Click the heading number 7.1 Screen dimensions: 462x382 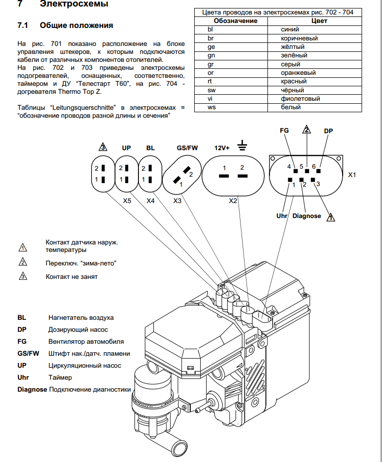pos(23,25)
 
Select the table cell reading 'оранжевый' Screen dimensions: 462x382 pos(298,72)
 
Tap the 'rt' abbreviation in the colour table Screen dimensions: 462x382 pos(210,81)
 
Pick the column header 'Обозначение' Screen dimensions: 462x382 pos(235,21)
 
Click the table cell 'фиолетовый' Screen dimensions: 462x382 pos(300,99)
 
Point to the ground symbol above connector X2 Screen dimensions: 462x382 pos(243,146)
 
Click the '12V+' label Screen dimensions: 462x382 pos(222,148)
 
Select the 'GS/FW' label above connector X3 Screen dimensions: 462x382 pos(187,148)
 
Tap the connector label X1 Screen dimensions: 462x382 pos(353,176)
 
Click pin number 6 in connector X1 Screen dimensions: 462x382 pos(314,166)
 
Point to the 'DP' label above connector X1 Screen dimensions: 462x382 pos(328,131)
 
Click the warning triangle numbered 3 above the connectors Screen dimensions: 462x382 pos(103,147)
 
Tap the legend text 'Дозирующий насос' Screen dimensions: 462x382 pos(78,330)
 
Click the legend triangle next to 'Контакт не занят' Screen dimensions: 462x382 pos(22,276)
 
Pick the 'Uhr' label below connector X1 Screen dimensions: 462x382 pos(282,216)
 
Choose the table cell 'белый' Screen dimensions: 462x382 pos(290,107)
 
